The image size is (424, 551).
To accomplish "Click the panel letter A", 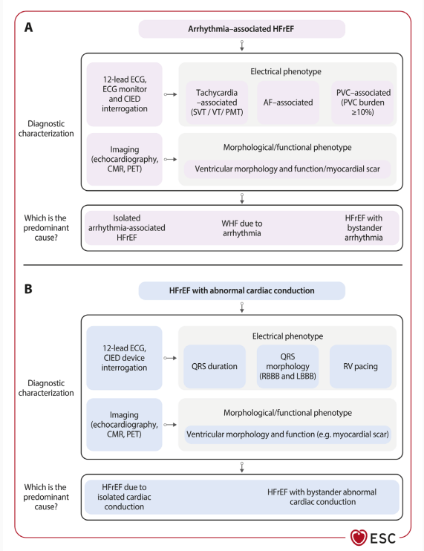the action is (x=28, y=27).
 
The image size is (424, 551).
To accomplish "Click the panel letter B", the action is (x=28, y=289).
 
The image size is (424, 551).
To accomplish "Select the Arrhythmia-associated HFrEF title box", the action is (x=241, y=29).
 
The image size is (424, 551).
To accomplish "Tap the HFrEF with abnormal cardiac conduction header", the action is (x=241, y=290).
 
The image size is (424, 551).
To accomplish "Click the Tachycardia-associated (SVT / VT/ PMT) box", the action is (x=217, y=102).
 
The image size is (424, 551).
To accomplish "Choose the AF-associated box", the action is (x=288, y=102).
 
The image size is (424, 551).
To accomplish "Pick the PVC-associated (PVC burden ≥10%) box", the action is (x=363, y=102).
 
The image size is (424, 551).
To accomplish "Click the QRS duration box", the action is (x=215, y=366).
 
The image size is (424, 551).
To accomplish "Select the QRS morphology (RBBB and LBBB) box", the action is (x=287, y=366).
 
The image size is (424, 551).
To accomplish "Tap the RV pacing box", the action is (x=360, y=366).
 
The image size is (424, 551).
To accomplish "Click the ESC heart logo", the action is (x=358, y=538).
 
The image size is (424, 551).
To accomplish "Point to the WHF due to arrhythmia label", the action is (x=241, y=229).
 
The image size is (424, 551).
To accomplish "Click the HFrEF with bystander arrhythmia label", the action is (x=364, y=228).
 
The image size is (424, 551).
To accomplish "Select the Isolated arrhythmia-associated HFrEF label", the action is (x=126, y=228).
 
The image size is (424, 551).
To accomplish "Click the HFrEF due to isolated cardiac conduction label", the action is (x=124, y=497).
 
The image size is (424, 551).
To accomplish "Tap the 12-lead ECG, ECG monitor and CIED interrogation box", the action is (x=124, y=94).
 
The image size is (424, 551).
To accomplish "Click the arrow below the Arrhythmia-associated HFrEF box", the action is (x=241, y=45).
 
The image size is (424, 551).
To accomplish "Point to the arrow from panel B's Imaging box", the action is (x=170, y=425).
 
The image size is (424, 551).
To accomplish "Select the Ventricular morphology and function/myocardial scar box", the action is (x=287, y=169).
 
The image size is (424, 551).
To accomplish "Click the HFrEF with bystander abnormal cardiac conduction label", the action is (x=322, y=497).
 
